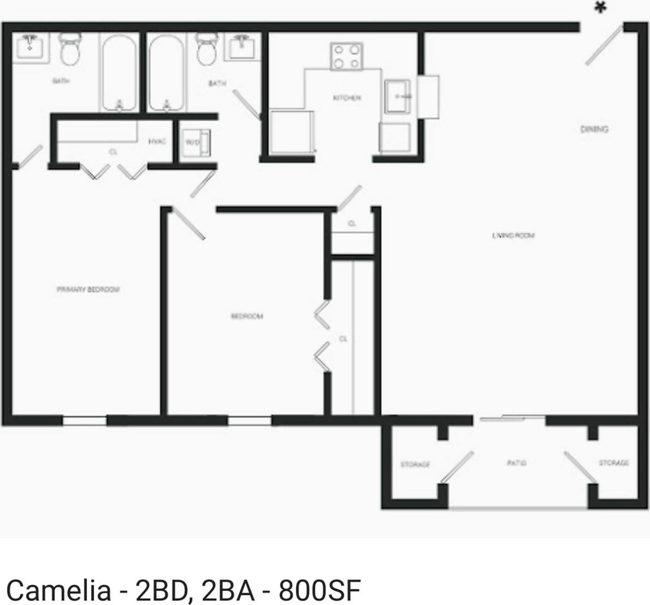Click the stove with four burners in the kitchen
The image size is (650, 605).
pos(346,57)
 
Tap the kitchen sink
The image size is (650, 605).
pos(398,97)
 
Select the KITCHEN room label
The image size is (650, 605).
pos(347,98)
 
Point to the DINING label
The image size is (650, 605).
pos(594,129)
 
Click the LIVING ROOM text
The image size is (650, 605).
pos(513,236)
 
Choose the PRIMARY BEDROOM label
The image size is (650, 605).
pos(88,289)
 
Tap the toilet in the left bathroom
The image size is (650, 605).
pos(69,49)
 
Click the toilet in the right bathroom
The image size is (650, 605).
pos(207,49)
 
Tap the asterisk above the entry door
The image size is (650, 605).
pos(601,8)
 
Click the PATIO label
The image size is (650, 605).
pos(517,463)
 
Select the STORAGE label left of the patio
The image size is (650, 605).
pos(415,464)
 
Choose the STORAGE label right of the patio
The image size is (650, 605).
pos(613,463)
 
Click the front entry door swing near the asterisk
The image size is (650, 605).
pos(604,45)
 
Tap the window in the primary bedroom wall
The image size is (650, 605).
pos(85,421)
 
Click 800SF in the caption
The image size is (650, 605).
pos(320,590)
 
